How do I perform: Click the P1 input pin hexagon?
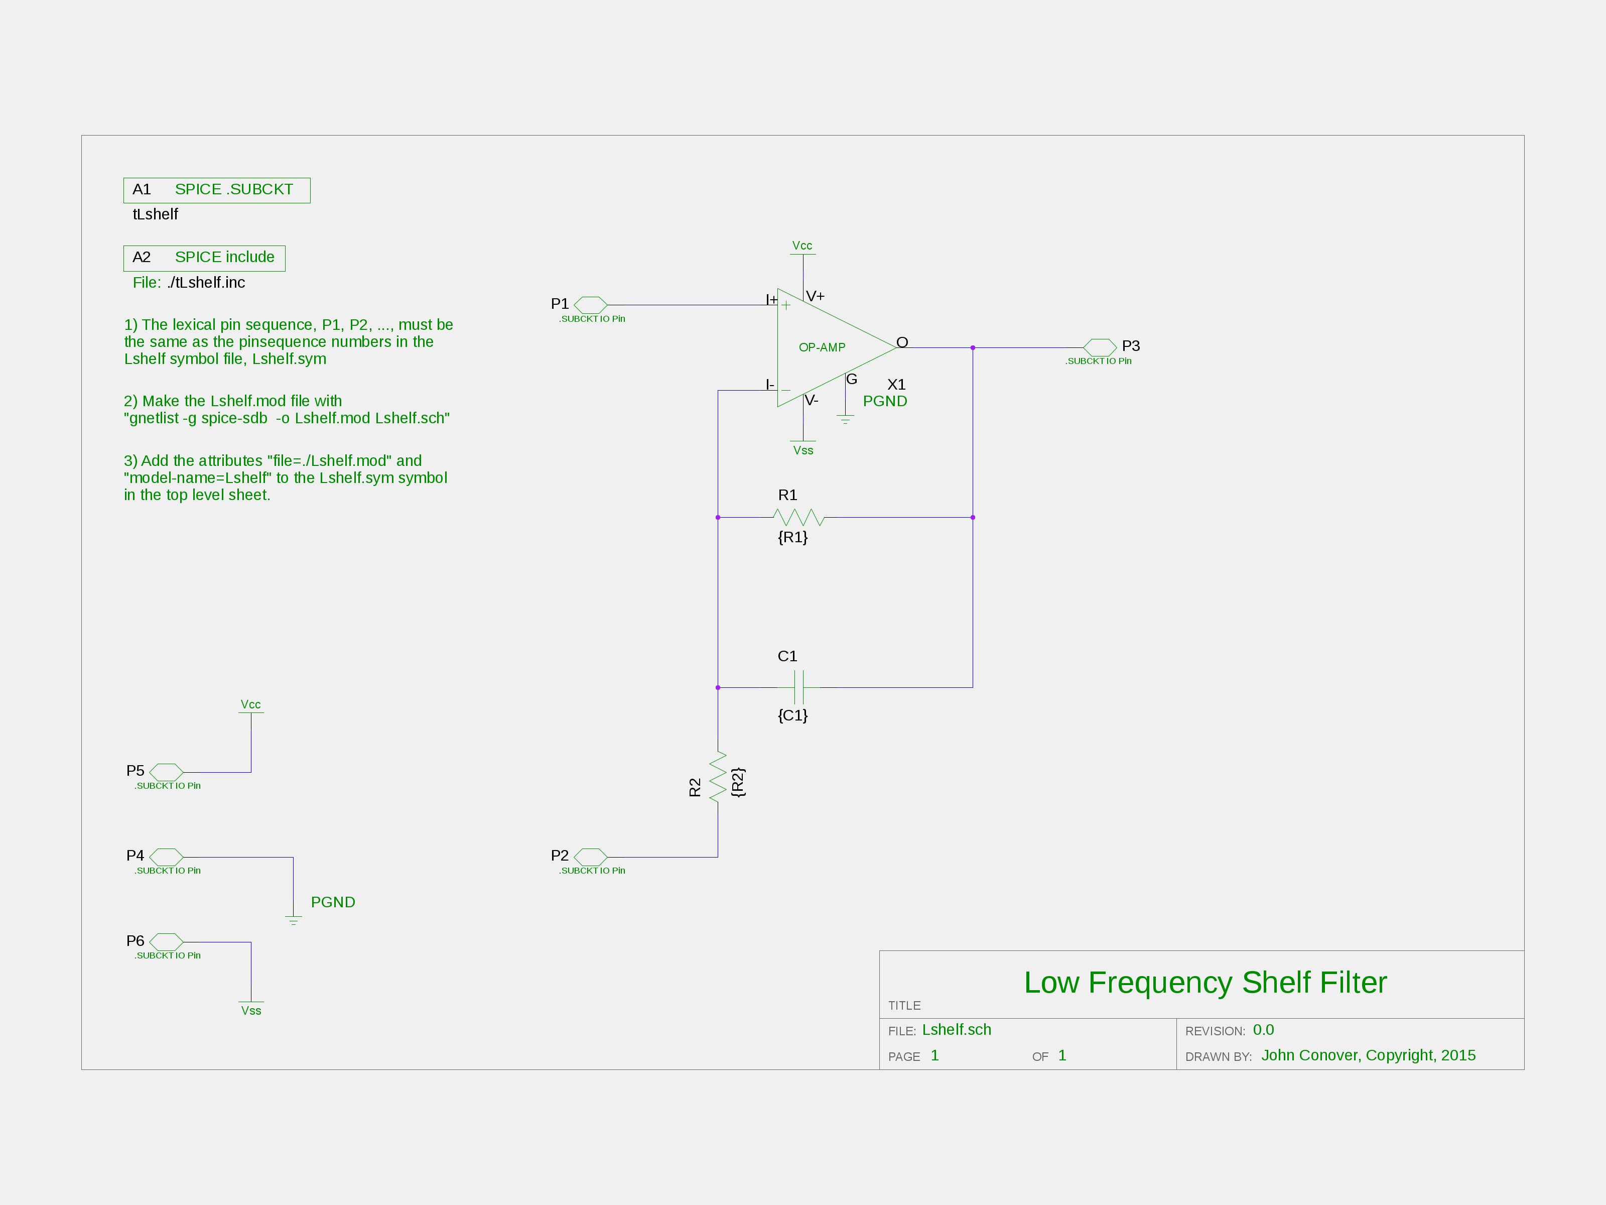pos(590,305)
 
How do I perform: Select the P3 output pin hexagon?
pos(1100,347)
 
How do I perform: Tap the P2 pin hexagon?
pos(590,857)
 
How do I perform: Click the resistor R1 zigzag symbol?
pos(798,517)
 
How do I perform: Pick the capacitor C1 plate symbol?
pos(798,687)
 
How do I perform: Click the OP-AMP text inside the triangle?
pos(822,347)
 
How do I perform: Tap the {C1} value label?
pos(793,715)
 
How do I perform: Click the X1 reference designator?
pos(897,384)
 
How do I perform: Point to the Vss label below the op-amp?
pos(803,450)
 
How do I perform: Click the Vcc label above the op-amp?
pos(802,246)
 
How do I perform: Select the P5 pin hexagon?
pos(166,772)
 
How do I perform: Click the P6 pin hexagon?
pos(166,942)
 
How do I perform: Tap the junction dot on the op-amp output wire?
pos(973,348)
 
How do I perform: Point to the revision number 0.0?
pos(1263,1030)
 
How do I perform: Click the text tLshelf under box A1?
pos(156,214)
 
